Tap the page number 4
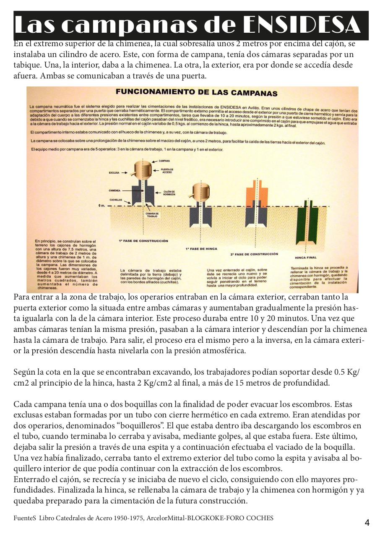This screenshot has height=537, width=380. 367,523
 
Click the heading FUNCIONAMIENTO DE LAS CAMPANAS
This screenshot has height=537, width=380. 196,92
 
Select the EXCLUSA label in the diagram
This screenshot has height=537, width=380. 115,172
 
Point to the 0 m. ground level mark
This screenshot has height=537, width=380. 101,206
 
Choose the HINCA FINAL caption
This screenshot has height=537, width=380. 306,257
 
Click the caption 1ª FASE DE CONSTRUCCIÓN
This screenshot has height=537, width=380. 143,241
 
